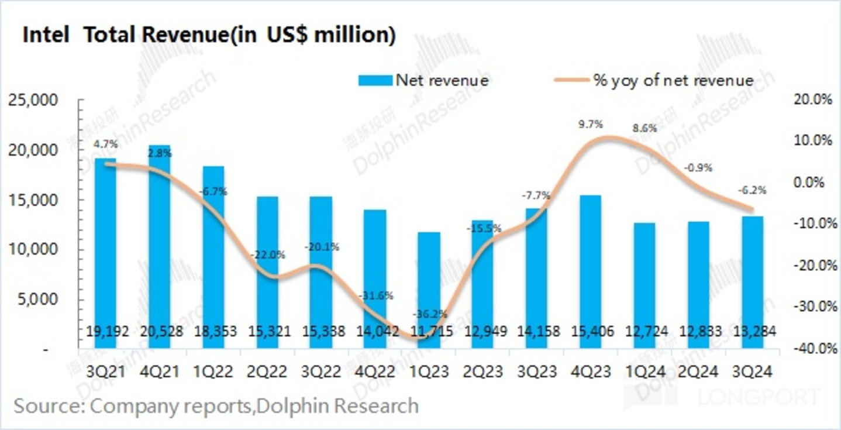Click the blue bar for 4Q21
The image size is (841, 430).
(x=159, y=246)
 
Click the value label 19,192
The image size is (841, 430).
(x=106, y=332)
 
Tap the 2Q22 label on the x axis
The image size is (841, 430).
(x=267, y=372)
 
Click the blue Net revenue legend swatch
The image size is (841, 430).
(x=375, y=80)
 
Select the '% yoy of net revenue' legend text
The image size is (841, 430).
(x=673, y=80)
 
